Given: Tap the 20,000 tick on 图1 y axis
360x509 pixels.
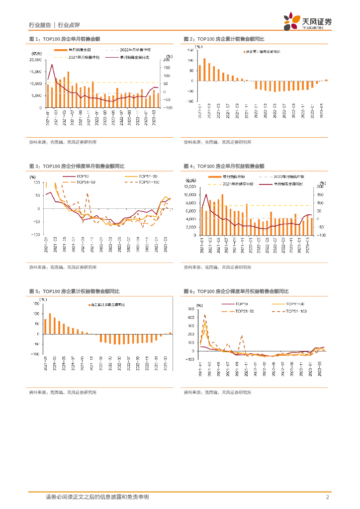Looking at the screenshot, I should (35, 60).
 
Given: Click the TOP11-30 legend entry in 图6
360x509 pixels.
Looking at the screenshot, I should (298, 304).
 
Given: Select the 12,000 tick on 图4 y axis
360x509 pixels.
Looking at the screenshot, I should (190, 186).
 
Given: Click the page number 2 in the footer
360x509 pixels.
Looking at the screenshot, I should (328, 497).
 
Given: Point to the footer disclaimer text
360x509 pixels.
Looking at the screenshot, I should (97, 497).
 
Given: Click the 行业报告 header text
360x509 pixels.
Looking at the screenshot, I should (40, 25).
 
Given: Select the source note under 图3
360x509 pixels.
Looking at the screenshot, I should (63, 267).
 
